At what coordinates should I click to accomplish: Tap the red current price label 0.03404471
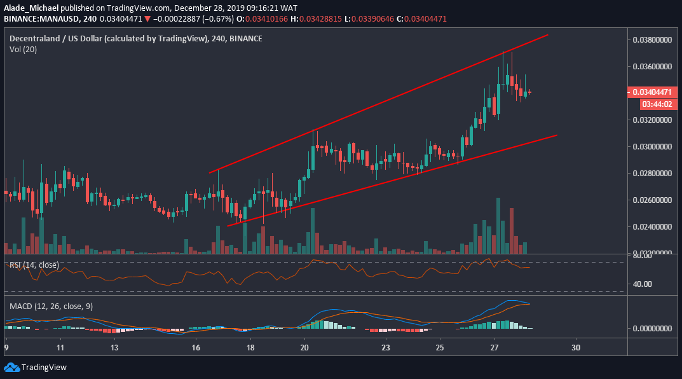[652, 92]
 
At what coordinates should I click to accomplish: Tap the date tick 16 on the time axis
[196, 348]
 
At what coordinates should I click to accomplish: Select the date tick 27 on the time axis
[494, 348]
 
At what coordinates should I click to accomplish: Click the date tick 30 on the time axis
[576, 348]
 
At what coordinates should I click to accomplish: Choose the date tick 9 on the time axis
[6, 348]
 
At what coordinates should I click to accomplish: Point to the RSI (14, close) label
[34, 265]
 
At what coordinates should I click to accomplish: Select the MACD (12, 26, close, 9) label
[51, 307]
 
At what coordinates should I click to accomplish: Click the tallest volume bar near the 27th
[498, 226]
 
